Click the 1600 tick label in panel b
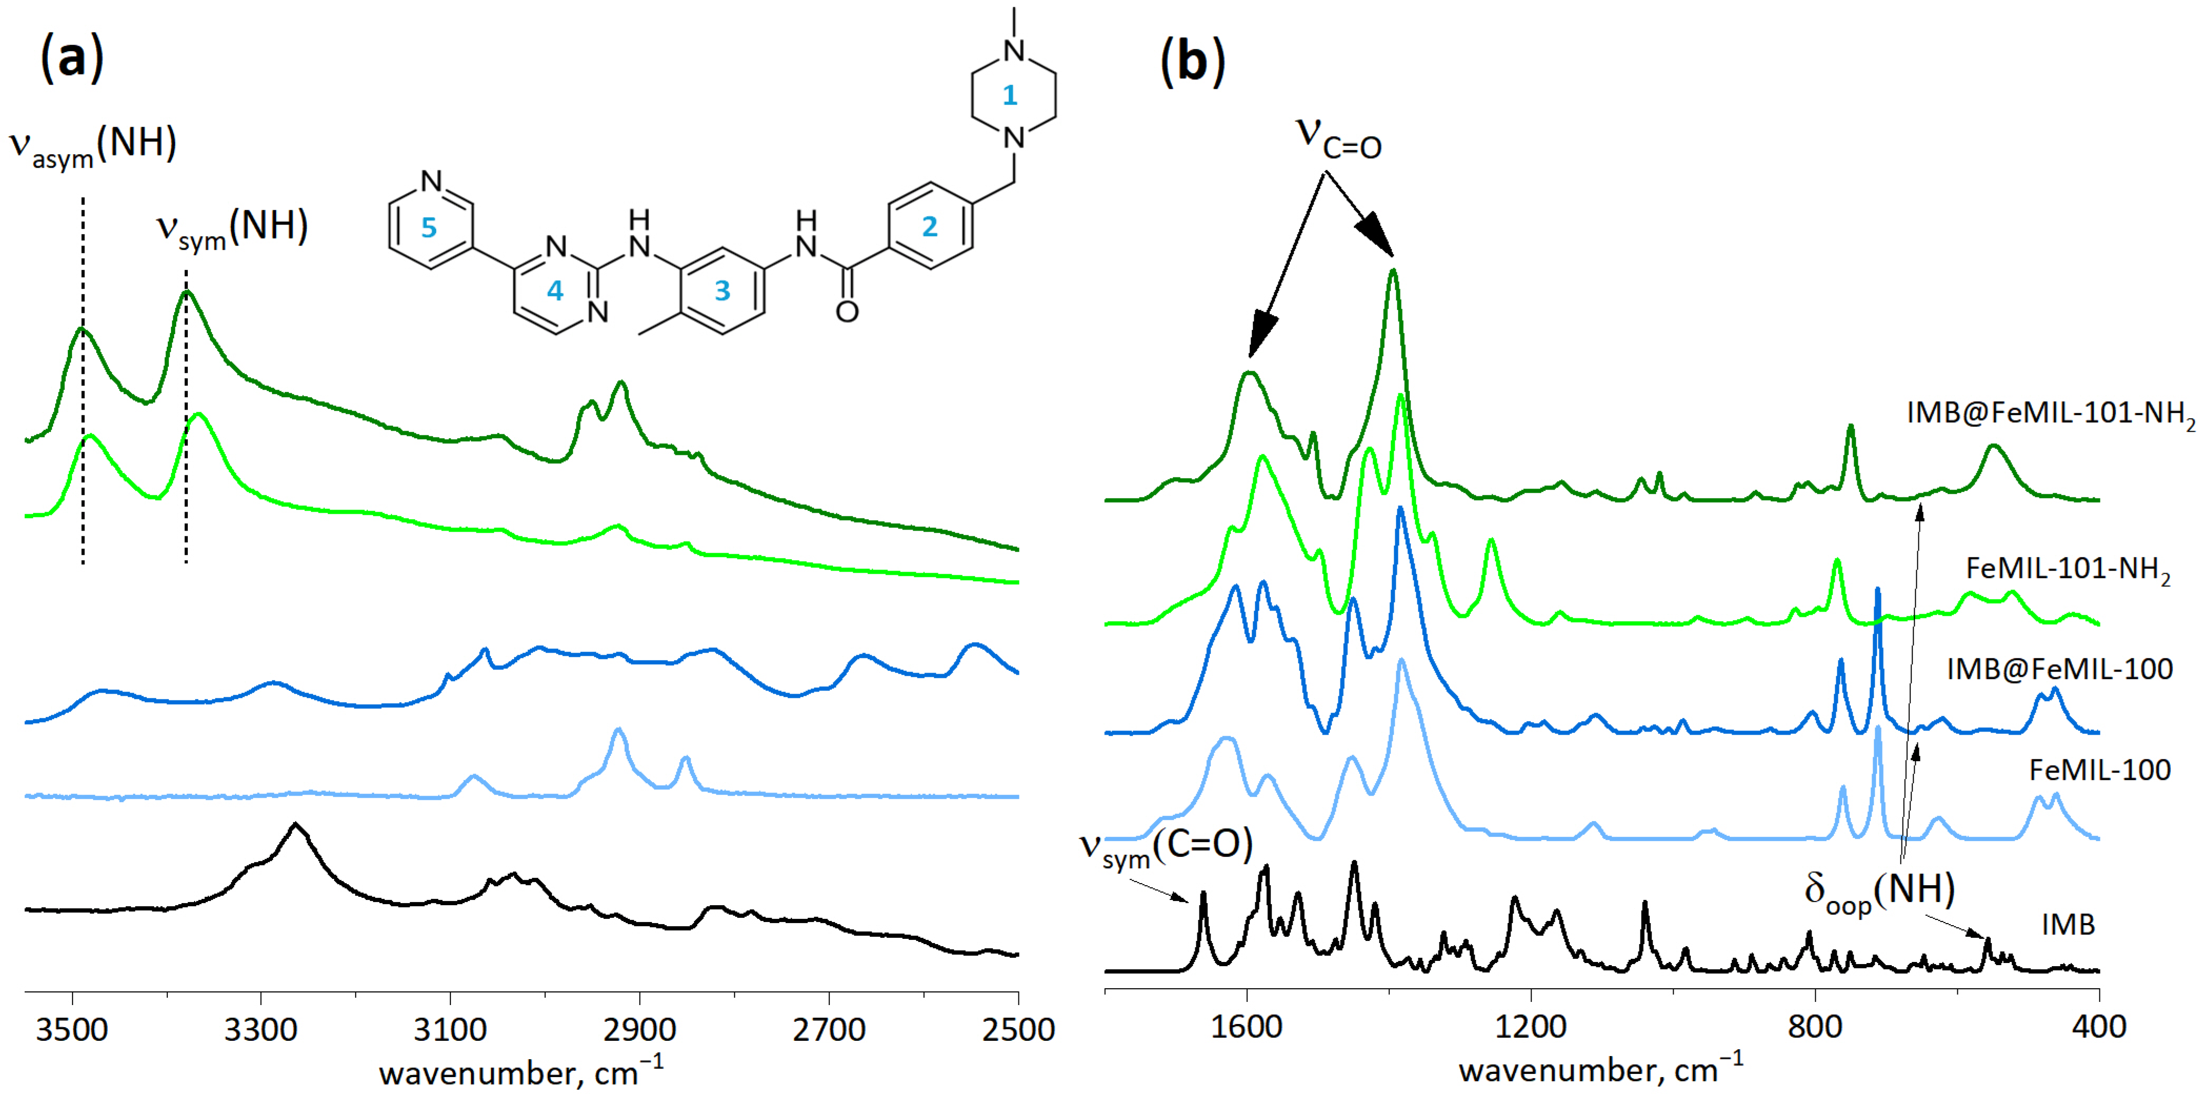(1247, 1026)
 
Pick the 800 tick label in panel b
(1815, 1026)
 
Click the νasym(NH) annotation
(93, 145)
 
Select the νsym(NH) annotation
(231, 229)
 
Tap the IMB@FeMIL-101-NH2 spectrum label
(2050, 414)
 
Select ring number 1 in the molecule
(1010, 95)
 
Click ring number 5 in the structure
(428, 227)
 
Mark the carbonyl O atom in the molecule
(847, 312)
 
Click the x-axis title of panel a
(521, 1072)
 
